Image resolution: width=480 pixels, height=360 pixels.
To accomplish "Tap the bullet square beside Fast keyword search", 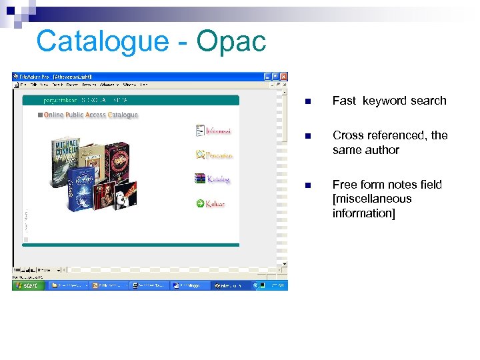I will point(307,102).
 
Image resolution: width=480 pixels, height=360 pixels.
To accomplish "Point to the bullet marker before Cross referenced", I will point(307,137).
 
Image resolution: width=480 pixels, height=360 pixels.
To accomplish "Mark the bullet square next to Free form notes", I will point(307,186).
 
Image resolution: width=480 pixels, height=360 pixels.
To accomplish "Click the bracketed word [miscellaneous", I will point(372,199).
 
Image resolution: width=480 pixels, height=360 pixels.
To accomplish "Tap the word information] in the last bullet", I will point(364,213).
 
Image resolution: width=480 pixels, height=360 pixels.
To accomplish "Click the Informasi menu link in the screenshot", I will point(218,131).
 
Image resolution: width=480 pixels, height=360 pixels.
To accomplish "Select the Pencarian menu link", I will point(219,155).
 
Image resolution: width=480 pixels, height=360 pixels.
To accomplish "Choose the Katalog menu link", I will point(218,179).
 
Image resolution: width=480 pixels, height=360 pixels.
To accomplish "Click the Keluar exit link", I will point(215,203).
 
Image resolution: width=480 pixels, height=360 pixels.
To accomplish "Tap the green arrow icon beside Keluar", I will point(200,203).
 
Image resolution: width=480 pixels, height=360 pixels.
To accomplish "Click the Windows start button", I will point(28,285).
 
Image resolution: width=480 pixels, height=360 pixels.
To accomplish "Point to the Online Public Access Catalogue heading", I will point(91,115).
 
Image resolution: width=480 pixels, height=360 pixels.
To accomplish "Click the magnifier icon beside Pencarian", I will point(200,155).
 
